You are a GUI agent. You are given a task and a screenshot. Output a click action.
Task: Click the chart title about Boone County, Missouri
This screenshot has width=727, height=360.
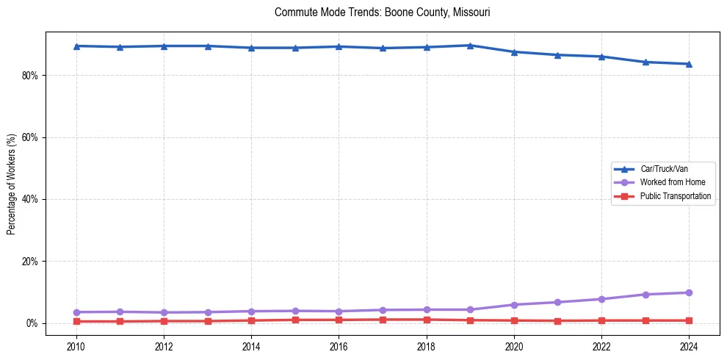click(382, 12)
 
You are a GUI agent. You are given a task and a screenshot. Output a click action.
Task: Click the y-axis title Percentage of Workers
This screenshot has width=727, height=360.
click(11, 184)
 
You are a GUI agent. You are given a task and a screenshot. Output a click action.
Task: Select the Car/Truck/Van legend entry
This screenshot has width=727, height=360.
click(664, 169)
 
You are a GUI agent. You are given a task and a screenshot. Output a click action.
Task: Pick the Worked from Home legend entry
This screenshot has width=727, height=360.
click(669, 182)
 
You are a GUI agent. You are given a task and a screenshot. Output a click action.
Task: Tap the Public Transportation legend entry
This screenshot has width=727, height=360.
click(675, 196)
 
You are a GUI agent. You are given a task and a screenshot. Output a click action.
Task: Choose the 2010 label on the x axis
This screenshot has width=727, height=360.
click(76, 347)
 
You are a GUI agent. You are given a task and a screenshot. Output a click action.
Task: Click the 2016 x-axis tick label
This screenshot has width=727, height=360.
click(339, 347)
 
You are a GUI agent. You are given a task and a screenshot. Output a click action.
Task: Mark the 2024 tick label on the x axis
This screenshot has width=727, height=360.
click(689, 347)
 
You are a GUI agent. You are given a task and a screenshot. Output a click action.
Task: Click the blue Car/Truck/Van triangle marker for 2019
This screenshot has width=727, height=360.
click(470, 46)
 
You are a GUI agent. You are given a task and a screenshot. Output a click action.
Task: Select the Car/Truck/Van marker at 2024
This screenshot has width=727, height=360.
click(689, 64)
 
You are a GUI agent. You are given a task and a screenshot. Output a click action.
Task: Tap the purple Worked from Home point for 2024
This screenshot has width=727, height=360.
click(689, 292)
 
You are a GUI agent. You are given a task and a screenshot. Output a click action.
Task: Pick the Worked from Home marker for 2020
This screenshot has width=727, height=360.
click(514, 305)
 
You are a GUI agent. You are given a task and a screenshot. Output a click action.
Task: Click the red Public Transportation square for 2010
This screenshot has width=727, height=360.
click(76, 321)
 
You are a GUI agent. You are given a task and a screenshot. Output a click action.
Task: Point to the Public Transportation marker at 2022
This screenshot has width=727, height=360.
click(601, 320)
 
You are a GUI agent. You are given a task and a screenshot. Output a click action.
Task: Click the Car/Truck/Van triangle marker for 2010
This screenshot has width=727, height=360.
click(76, 46)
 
